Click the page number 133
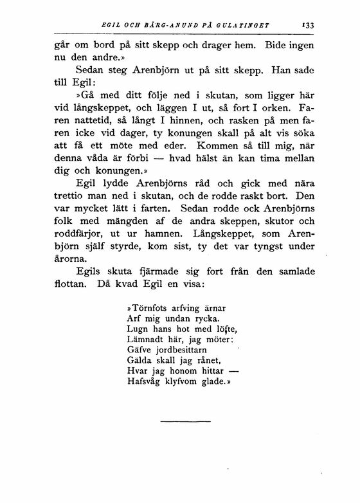coord(308,26)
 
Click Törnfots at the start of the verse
coord(149,308)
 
